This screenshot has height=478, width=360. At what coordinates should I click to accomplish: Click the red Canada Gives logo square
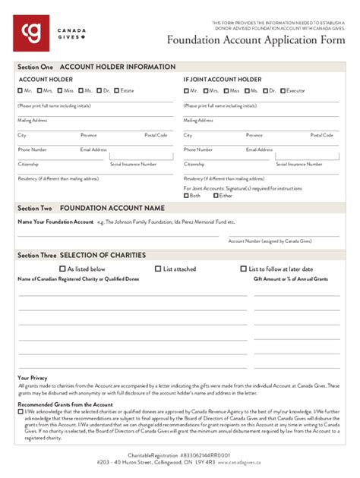31,33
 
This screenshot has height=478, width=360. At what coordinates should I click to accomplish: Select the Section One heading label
35,68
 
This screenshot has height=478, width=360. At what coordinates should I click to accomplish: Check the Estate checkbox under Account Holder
117,91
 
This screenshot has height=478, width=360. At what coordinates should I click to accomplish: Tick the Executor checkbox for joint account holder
282,91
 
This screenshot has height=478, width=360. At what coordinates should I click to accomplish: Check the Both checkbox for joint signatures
186,196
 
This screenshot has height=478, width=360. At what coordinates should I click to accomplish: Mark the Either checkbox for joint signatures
215,196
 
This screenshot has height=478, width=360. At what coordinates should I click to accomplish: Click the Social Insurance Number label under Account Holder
134,164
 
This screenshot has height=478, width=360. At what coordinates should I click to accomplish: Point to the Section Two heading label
35,208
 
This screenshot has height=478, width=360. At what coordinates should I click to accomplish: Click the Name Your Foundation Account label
55,222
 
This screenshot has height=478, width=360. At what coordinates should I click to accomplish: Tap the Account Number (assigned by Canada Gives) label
270,241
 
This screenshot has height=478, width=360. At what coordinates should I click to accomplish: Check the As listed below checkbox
62,269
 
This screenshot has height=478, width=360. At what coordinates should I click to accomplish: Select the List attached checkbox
157,269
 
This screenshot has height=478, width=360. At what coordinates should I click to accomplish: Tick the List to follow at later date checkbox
243,269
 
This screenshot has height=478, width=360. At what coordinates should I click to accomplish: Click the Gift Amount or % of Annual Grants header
291,279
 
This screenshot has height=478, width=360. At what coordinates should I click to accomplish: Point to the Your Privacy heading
33,378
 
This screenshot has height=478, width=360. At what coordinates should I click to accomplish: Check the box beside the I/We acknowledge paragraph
20,412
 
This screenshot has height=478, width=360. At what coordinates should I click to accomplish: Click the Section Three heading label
37,256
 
